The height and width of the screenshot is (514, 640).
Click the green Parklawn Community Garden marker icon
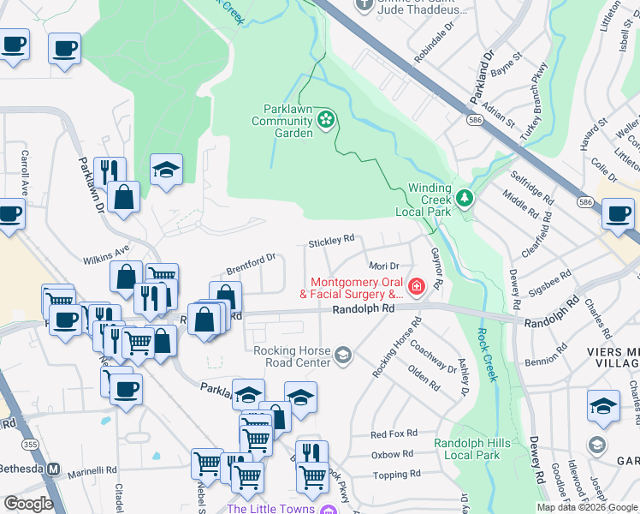click(326, 121)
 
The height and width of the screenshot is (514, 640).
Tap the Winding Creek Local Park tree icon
click(465, 199)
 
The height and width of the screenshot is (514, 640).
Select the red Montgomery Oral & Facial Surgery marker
click(417, 286)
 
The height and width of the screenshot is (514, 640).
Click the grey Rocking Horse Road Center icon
click(343, 355)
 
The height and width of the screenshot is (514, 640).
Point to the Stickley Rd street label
click(331, 241)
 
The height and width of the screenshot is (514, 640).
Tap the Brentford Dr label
click(251, 264)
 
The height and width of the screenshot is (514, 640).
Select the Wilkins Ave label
click(105, 254)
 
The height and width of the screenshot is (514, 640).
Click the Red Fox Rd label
click(394, 433)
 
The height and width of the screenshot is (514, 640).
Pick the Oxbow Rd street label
click(392, 454)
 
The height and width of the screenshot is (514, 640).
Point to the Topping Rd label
click(393, 474)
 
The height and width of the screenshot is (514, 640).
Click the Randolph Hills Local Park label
click(466, 449)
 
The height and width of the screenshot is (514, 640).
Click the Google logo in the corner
click(28, 504)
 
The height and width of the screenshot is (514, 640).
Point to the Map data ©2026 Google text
click(586, 507)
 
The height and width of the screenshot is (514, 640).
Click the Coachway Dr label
click(433, 356)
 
